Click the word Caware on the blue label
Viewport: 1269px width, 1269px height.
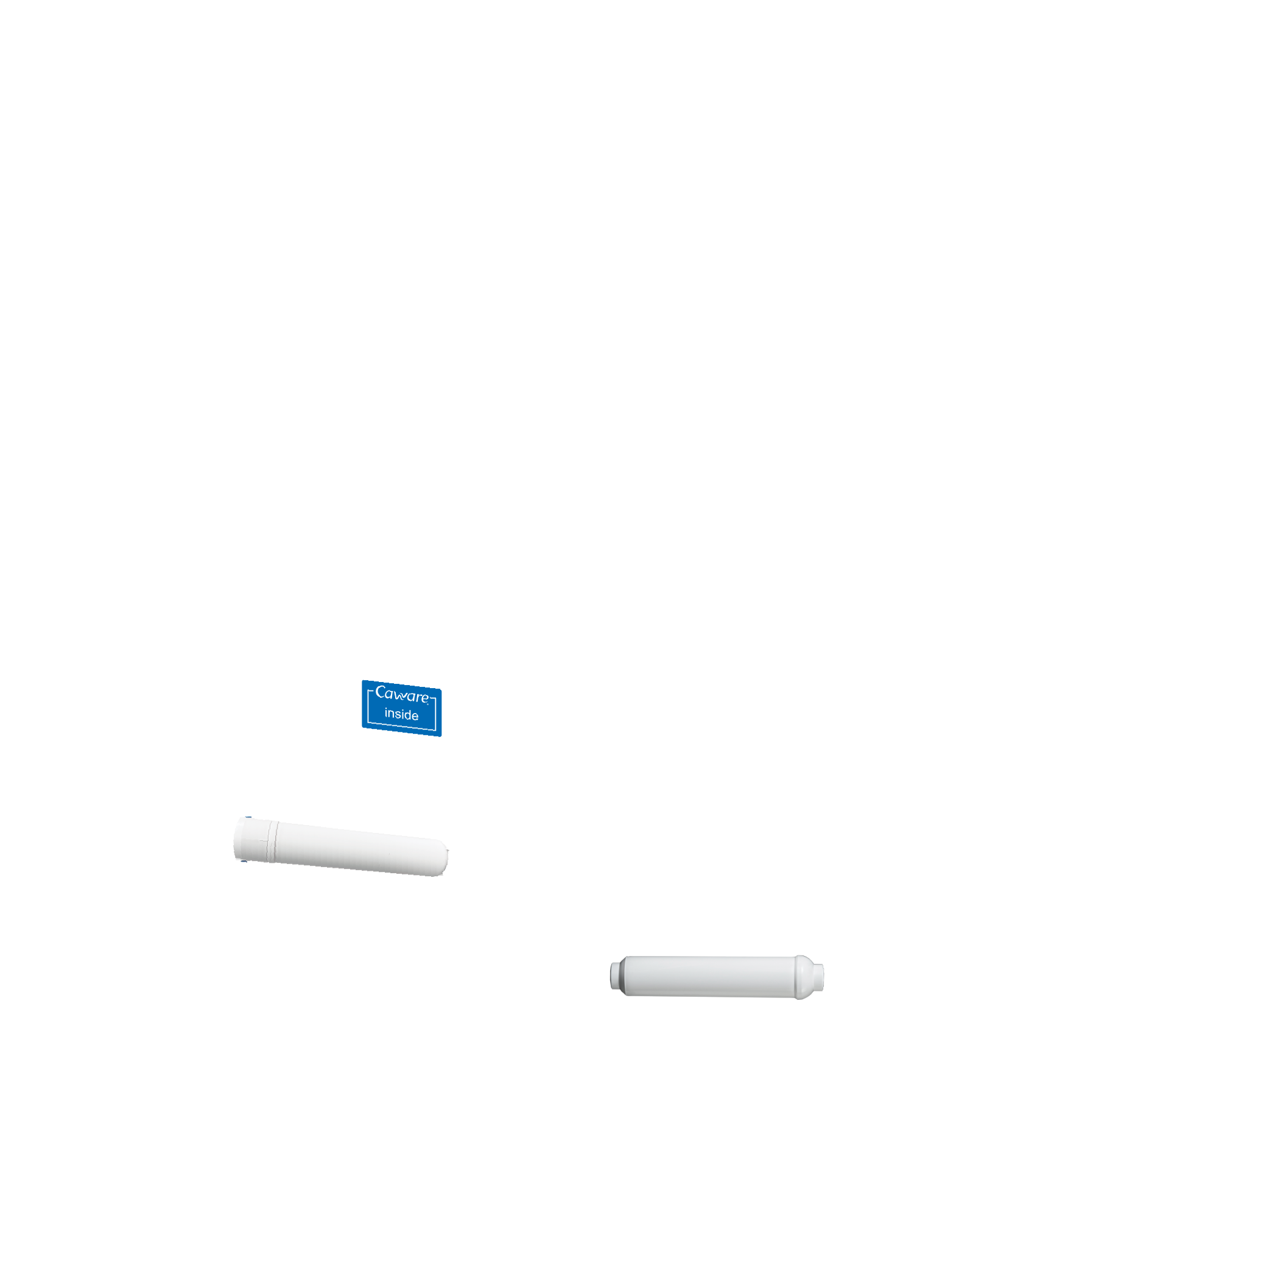click(x=401, y=694)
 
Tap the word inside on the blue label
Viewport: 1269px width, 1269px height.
click(x=401, y=715)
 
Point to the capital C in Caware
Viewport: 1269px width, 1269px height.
click(x=381, y=692)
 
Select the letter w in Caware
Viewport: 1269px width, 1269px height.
click(x=401, y=695)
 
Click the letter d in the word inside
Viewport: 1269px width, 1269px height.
click(x=407, y=715)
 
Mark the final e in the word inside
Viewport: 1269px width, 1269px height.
click(x=415, y=716)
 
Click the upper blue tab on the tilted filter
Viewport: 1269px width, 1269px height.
click(x=248, y=817)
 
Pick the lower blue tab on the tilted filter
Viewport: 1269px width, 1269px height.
click(x=244, y=861)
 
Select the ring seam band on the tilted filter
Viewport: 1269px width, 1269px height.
click(x=273, y=842)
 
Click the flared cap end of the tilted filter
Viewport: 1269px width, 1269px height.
click(x=250, y=840)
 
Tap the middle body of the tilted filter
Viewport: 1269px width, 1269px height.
click(x=354, y=849)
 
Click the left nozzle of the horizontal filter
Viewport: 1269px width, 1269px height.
click(x=615, y=975)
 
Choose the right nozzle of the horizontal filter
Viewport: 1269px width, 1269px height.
click(x=820, y=977)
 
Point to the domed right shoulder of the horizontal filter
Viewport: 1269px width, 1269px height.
click(x=804, y=977)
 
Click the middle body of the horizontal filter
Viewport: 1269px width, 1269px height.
click(x=709, y=977)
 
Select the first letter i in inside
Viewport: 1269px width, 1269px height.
click(x=386, y=712)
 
